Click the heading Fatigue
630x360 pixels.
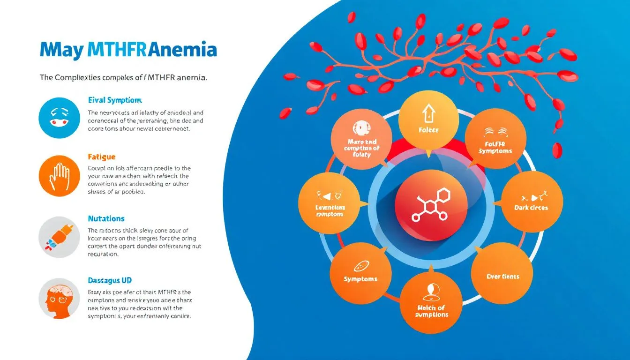click(x=102, y=157)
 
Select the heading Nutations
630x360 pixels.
click(x=106, y=218)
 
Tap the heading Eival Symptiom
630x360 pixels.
click(x=115, y=100)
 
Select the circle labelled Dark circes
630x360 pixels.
click(x=532, y=201)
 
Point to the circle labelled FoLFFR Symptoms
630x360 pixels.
click(x=495, y=139)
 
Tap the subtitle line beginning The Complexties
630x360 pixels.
click(x=123, y=78)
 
